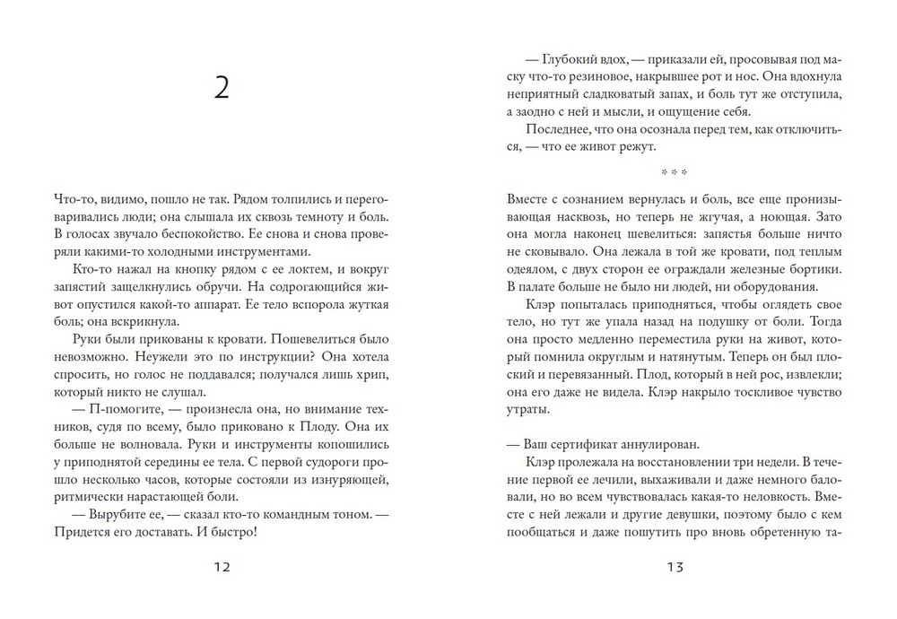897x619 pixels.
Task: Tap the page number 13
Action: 675,566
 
